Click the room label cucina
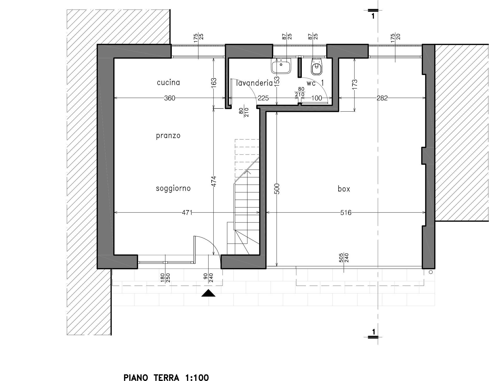point(168,83)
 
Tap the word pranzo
point(168,136)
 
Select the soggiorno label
point(173,188)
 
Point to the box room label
point(344,189)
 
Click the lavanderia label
point(254,83)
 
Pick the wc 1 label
point(315,83)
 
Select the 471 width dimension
point(187,213)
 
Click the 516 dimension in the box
point(346,213)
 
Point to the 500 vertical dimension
point(277,189)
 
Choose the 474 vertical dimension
point(214,181)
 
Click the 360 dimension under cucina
point(169,98)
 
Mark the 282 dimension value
point(382,98)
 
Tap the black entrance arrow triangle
point(208,293)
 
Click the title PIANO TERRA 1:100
point(166,378)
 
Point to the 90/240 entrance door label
point(208,278)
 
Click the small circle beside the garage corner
point(431,272)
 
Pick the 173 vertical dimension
point(354,84)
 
